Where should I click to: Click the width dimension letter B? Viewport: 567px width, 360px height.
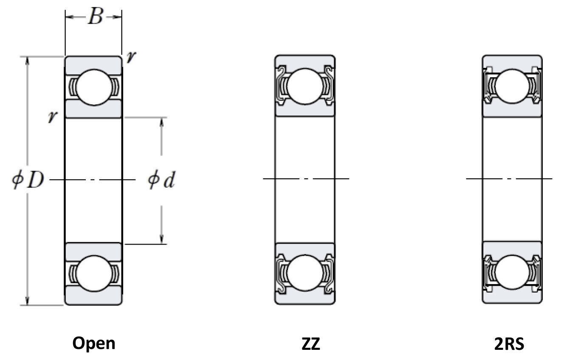pyautogui.click(x=96, y=17)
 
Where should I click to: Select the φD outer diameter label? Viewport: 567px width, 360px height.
pyautogui.click(x=28, y=180)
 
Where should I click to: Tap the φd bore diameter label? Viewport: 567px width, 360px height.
pyautogui.click(x=161, y=180)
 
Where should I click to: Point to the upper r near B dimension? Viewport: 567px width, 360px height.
pyautogui.click(x=131, y=57)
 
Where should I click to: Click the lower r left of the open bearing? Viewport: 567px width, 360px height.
pyautogui.click(x=53, y=117)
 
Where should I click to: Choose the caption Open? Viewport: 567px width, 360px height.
pyautogui.click(x=94, y=343)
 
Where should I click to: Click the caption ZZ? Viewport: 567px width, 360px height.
pyautogui.click(x=311, y=344)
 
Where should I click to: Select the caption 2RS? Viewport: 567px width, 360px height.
pyautogui.click(x=509, y=344)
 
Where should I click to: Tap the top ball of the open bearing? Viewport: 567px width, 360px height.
pyautogui.click(x=94, y=87)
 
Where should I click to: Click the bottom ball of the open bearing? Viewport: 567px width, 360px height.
pyautogui.click(x=94, y=273)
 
